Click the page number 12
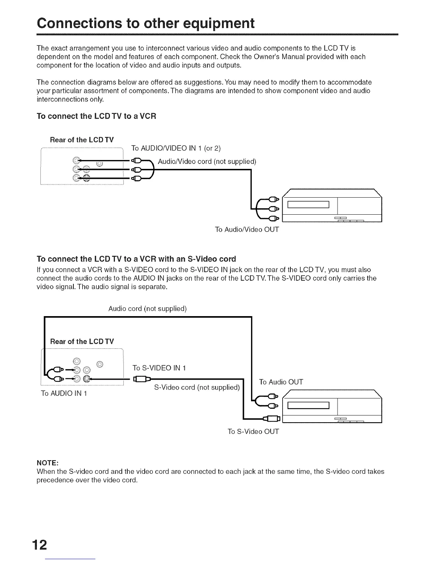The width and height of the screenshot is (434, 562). (x=41, y=545)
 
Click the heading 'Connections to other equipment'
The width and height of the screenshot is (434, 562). (x=146, y=23)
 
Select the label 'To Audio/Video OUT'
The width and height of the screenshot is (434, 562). (x=247, y=230)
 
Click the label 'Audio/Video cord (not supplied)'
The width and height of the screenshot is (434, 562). (x=207, y=162)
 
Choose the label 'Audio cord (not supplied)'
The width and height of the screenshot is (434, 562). (x=148, y=308)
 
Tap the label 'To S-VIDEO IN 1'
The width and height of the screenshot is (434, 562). (x=159, y=368)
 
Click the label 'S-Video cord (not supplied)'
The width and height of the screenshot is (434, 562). (x=197, y=387)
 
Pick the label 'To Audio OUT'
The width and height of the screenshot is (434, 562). (x=281, y=382)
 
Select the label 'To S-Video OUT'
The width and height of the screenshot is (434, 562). (x=253, y=431)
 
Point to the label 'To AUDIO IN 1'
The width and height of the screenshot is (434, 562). (x=64, y=393)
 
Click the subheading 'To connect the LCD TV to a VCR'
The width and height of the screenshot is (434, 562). (x=96, y=116)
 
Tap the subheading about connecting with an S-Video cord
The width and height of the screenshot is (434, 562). (x=136, y=258)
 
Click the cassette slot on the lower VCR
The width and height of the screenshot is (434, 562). (x=308, y=406)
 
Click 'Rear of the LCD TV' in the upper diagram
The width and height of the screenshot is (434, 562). (x=82, y=139)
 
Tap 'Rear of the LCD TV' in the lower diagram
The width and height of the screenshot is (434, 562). (x=82, y=341)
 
